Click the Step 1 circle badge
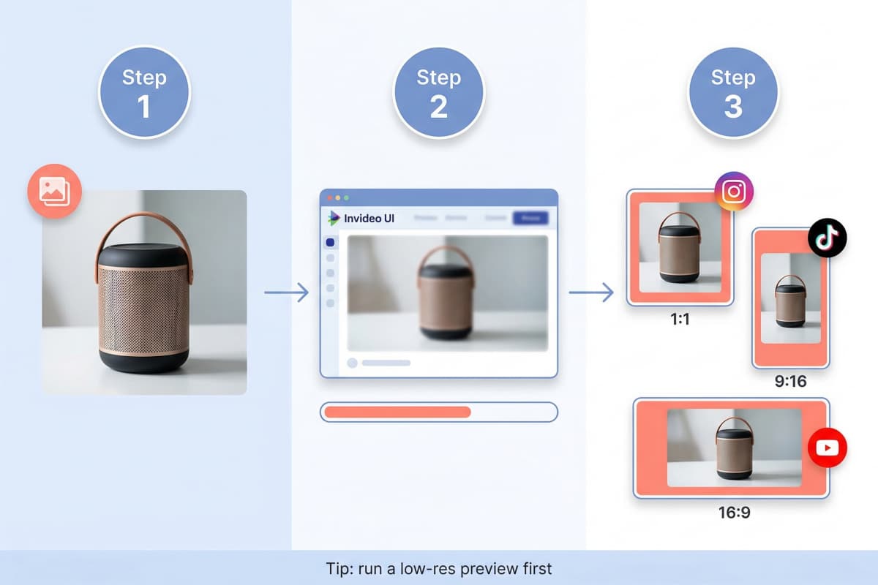click(x=144, y=93)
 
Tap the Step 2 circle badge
click(x=438, y=93)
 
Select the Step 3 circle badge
click(x=733, y=93)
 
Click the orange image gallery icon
click(x=55, y=192)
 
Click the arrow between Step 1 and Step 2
click(x=286, y=293)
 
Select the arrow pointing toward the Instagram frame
click(x=590, y=293)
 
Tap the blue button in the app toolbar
click(x=530, y=218)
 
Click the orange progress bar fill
click(x=397, y=412)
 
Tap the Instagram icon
click(x=734, y=192)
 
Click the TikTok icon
click(x=827, y=238)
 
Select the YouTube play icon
click(x=827, y=448)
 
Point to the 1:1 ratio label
click(x=680, y=320)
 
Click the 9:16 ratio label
click(x=790, y=382)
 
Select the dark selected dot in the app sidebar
click(x=330, y=242)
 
